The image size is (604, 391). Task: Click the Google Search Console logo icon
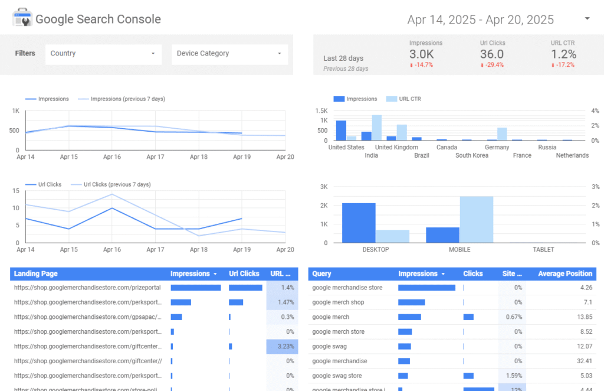click(x=22, y=18)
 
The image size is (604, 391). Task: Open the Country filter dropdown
click(x=103, y=54)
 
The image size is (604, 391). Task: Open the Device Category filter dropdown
click(x=229, y=54)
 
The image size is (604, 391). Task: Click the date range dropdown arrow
click(x=587, y=19)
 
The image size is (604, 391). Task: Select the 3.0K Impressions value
click(x=422, y=54)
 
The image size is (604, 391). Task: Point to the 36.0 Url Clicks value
click(x=492, y=54)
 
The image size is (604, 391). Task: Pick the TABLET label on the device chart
click(x=543, y=250)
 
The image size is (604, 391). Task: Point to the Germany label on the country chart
click(x=497, y=148)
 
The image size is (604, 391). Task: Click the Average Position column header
click(x=564, y=274)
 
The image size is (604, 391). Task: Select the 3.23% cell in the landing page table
click(x=282, y=346)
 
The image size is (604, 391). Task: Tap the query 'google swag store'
click(x=337, y=376)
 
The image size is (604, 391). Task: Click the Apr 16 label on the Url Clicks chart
click(x=112, y=250)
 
